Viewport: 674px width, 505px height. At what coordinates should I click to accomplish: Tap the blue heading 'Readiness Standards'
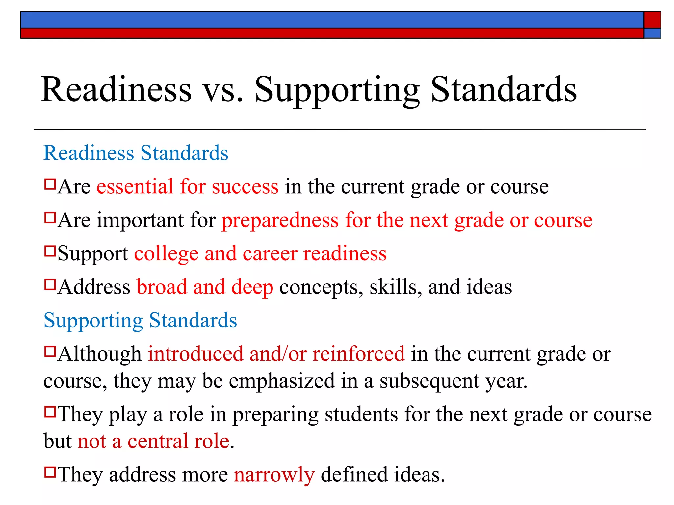pyautogui.click(x=136, y=153)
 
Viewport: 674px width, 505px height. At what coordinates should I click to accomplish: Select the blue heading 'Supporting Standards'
pyautogui.click(x=140, y=321)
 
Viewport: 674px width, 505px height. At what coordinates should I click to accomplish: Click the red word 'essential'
pyautogui.click(x=135, y=186)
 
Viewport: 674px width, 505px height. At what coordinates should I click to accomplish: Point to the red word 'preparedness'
pyautogui.click(x=280, y=221)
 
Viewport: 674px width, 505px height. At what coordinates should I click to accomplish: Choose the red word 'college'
pyautogui.click(x=166, y=254)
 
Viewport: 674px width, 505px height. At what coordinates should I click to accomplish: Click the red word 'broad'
pyautogui.click(x=162, y=287)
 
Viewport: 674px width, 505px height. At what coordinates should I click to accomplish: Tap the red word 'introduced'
pyautogui.click(x=195, y=354)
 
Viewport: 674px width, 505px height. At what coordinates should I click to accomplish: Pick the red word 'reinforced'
pyautogui.click(x=359, y=354)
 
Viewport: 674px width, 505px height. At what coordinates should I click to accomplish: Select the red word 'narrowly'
pyautogui.click(x=274, y=475)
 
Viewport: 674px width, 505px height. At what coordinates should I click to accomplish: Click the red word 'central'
pyautogui.click(x=158, y=441)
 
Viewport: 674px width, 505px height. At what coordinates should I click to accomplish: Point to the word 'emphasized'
pyautogui.click(x=282, y=381)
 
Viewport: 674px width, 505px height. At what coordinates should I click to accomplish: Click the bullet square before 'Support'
pyautogui.click(x=50, y=251)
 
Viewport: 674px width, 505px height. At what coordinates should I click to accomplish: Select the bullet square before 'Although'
pyautogui.click(x=50, y=352)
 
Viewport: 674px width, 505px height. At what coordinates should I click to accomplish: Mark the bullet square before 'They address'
pyautogui.click(x=50, y=472)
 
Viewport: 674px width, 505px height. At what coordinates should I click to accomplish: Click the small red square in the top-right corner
pyautogui.click(x=652, y=20)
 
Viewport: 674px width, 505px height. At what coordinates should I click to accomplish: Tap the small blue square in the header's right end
pyautogui.click(x=652, y=33)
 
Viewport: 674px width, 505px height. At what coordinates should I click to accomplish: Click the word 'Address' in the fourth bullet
pyautogui.click(x=94, y=287)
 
